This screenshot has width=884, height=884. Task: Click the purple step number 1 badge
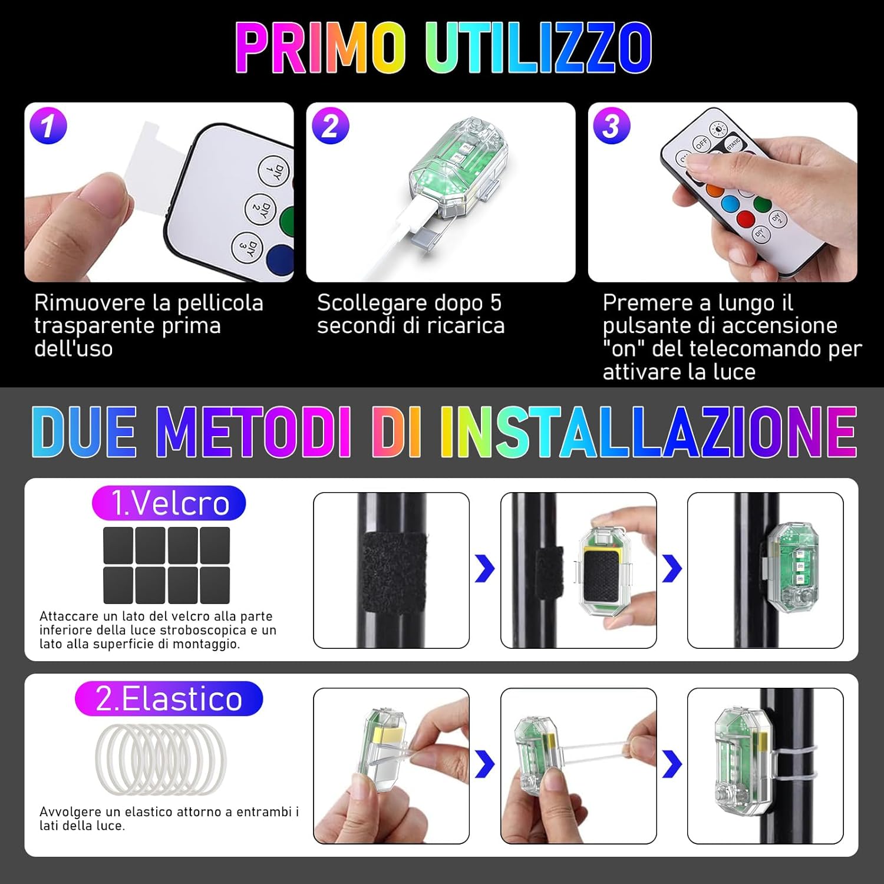(x=48, y=126)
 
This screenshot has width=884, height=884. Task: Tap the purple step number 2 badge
(x=330, y=126)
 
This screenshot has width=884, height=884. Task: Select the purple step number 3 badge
(x=612, y=126)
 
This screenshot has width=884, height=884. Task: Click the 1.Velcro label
(x=169, y=503)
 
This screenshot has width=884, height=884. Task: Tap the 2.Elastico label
(x=169, y=698)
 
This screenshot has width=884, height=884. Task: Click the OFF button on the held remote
(x=701, y=143)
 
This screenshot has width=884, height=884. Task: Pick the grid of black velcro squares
(x=166, y=565)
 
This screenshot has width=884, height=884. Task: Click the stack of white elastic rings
(x=161, y=760)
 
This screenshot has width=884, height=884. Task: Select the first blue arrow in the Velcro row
(x=484, y=569)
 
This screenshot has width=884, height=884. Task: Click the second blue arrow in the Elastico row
(x=672, y=765)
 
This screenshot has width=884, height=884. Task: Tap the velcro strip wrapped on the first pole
(x=394, y=573)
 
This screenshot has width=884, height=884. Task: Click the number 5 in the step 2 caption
(x=496, y=303)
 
